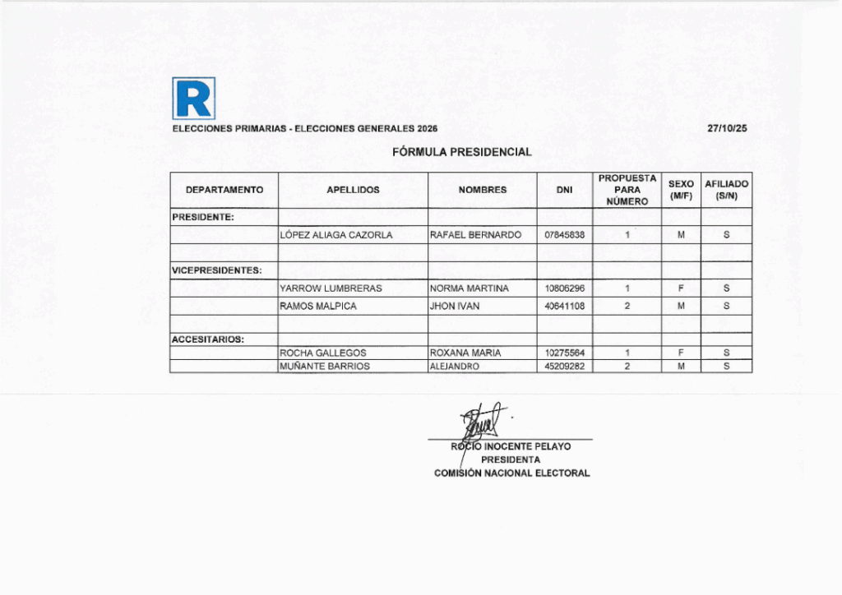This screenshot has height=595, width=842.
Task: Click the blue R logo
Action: [194, 98]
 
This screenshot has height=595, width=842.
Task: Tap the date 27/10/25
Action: [727, 129]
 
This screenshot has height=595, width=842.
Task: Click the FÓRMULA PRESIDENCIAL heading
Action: [462, 152]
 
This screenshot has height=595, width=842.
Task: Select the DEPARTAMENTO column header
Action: [224, 190]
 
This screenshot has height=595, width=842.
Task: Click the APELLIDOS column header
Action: [353, 190]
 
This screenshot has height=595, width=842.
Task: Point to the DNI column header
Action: [564, 190]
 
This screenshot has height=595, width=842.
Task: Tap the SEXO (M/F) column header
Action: [681, 190]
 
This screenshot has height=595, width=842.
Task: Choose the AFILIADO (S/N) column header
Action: [727, 190]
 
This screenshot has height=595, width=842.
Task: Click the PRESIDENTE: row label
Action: [202, 218]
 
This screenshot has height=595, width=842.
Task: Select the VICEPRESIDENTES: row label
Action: [216, 270]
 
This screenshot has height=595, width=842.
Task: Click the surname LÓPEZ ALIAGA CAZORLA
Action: [336, 235]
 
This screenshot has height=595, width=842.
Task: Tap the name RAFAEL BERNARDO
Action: [475, 235]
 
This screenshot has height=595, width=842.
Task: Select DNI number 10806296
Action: [565, 288]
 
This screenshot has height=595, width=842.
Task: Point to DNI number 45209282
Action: [565, 367]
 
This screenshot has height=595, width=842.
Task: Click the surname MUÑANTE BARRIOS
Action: [325, 367]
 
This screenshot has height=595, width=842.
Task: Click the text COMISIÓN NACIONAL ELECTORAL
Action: [511, 473]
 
